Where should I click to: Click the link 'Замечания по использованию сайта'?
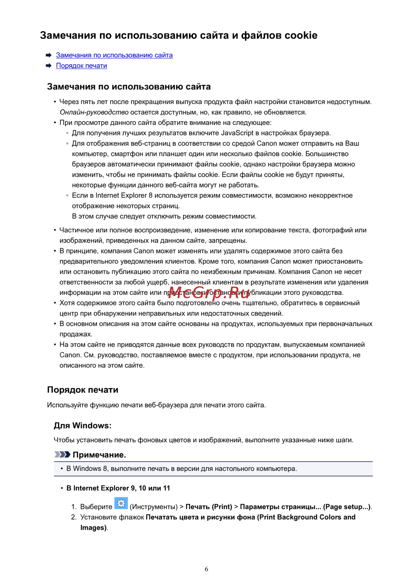114,55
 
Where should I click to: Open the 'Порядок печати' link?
81,66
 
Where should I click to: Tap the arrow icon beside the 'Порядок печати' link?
49,66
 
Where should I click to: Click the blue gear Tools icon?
121,503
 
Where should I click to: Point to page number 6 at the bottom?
206,569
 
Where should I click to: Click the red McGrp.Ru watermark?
209,293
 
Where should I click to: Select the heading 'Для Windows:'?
83,425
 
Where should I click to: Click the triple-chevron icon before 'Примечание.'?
62,454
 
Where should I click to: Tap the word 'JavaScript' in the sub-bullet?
237,133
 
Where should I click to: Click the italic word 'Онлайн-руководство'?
94,112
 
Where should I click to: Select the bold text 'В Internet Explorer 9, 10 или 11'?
118,488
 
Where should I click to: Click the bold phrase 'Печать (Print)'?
209,507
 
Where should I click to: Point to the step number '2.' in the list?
74,517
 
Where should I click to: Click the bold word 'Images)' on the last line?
94,528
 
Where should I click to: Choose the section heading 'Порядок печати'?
83,390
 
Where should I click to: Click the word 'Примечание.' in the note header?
99,455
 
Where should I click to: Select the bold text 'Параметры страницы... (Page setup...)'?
305,507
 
